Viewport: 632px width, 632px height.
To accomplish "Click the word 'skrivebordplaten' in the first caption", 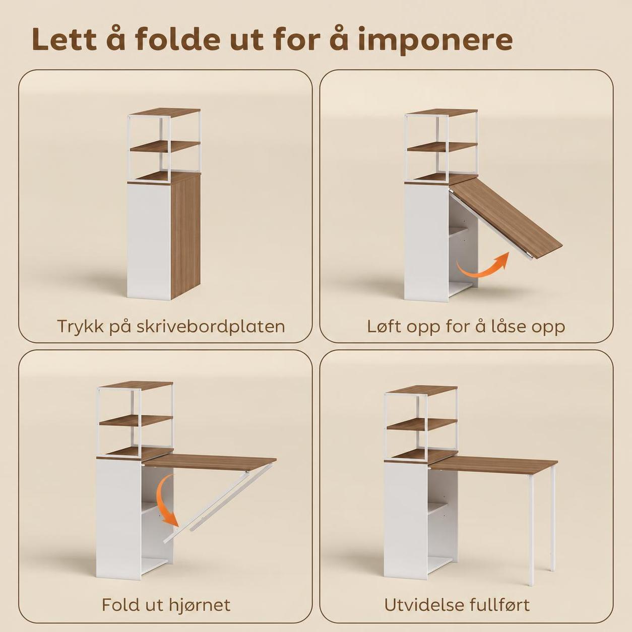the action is pos(211,327).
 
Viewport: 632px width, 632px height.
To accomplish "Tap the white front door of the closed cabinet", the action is pos(149,240).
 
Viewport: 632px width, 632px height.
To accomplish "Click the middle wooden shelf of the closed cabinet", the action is pos(165,146).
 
